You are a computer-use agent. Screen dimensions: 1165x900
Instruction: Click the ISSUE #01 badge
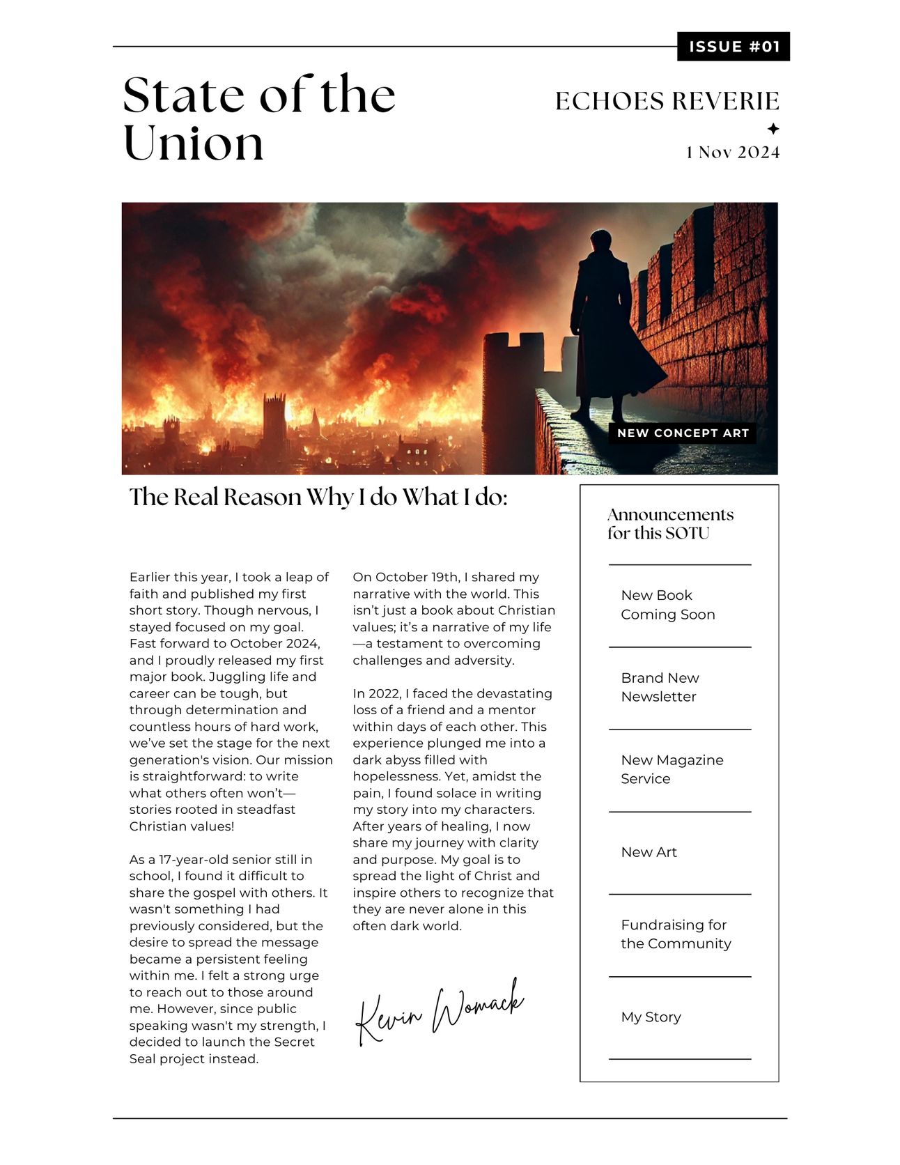(x=733, y=47)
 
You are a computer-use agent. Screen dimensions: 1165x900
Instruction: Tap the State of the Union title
(x=259, y=118)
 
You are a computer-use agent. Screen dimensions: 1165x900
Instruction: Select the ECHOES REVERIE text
(x=667, y=101)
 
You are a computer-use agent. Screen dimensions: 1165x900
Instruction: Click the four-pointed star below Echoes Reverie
(x=773, y=129)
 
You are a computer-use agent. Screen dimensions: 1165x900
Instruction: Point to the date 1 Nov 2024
(x=733, y=153)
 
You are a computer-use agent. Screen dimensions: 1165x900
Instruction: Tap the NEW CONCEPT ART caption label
(x=683, y=433)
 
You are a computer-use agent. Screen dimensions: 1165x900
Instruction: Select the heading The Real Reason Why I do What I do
(x=318, y=497)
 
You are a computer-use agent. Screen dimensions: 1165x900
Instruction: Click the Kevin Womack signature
(x=439, y=1010)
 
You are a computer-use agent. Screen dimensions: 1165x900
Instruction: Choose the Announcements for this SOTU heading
(x=670, y=524)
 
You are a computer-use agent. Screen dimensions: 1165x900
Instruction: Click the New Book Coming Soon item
(x=667, y=605)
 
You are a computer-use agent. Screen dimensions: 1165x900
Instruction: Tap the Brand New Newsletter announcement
(x=660, y=687)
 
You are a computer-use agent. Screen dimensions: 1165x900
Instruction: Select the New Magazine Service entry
(x=672, y=769)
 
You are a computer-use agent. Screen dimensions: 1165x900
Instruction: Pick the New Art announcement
(x=649, y=852)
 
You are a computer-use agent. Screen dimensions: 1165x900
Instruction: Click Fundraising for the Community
(x=675, y=934)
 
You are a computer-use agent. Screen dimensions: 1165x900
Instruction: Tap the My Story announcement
(x=651, y=1017)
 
